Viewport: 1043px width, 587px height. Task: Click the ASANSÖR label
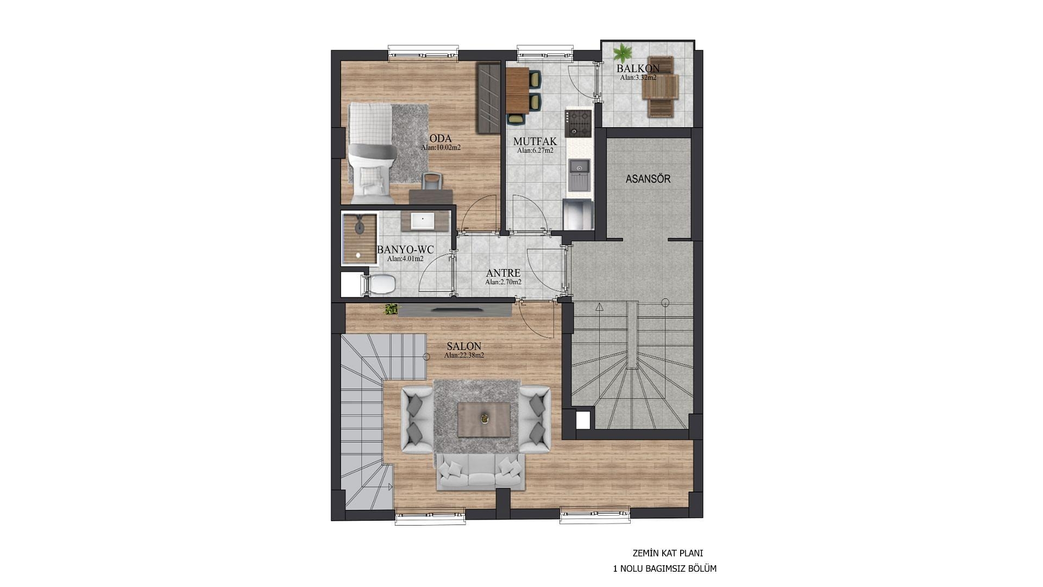pos(648,179)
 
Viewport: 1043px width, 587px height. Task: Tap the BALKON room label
pos(638,68)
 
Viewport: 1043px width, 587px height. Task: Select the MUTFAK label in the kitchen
pos(535,142)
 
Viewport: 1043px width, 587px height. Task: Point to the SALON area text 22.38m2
pos(464,355)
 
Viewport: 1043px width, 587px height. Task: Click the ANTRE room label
pos(503,273)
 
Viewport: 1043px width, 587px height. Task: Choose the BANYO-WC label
pos(405,249)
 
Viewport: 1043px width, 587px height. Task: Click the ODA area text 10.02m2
pos(441,147)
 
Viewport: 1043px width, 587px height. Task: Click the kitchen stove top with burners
pos(577,123)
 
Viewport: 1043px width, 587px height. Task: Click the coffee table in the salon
pos(484,419)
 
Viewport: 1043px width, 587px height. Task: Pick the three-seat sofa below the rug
pos(480,472)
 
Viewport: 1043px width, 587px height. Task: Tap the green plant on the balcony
pos(623,53)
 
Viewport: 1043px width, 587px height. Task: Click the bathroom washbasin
pos(422,221)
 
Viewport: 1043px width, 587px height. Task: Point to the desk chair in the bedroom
pos(431,180)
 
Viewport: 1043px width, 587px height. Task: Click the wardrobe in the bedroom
pos(488,98)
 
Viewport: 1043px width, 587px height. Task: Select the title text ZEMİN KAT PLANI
pos(668,553)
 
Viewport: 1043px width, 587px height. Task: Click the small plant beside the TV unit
pos(391,309)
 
